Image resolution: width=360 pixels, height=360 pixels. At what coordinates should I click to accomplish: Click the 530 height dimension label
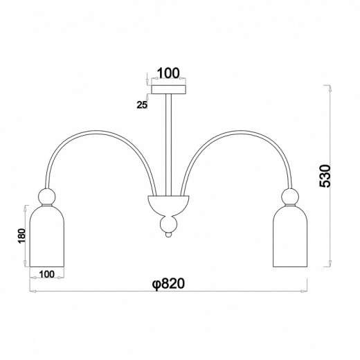coord(325,177)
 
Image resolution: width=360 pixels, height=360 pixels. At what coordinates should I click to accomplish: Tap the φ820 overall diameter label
coord(168,283)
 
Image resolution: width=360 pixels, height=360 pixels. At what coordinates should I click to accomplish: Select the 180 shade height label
coord(21,235)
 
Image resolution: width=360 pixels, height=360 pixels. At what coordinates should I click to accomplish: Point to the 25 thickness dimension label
coord(142,105)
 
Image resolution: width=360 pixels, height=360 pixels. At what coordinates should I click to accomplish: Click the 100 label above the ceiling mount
coord(168,73)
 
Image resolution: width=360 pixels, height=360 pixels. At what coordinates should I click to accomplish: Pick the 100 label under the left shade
coord(47,274)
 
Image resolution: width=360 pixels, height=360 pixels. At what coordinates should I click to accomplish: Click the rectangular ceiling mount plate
coord(168,89)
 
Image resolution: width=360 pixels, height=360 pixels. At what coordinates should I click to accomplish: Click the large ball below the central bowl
coord(169,224)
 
